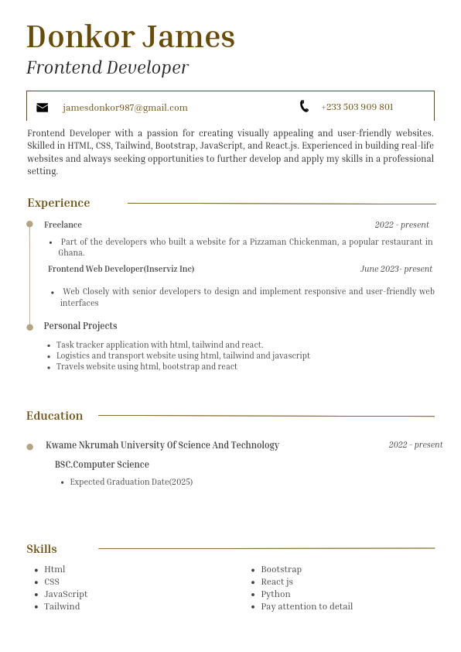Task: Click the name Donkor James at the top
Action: [x=130, y=36]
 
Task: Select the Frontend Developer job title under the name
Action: [x=108, y=67]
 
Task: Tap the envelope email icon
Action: [x=43, y=108]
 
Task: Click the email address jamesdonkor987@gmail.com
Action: [x=125, y=108]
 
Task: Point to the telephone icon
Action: [x=304, y=106]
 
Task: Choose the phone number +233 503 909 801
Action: [x=357, y=107]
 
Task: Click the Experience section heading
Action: [x=59, y=203]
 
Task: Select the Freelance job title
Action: [x=63, y=225]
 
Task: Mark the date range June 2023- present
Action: [x=396, y=269]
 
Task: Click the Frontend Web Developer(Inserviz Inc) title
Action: [x=121, y=269]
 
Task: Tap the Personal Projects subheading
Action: [x=80, y=326]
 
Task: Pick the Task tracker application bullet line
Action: [x=159, y=345]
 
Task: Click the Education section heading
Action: [x=54, y=416]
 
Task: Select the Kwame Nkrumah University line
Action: [x=162, y=445]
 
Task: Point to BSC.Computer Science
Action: [x=101, y=465]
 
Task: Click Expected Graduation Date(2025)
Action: [x=131, y=482]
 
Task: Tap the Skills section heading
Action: [x=42, y=549]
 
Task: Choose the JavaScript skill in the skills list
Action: [x=66, y=594]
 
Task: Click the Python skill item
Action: [x=275, y=594]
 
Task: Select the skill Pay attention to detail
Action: [x=306, y=606]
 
